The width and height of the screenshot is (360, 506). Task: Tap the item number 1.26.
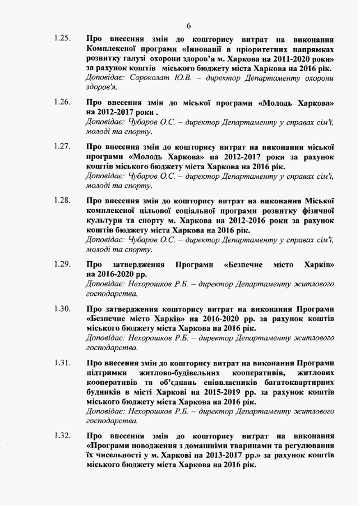tap(63, 103)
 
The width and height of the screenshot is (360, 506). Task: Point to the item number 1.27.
tap(63, 147)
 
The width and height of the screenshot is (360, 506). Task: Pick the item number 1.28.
tap(63, 200)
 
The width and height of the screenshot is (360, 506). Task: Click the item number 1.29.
tap(63, 263)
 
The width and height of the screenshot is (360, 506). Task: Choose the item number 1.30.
tap(63, 308)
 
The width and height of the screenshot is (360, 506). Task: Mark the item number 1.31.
tap(63, 362)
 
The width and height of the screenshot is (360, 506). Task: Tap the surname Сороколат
tap(154, 78)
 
